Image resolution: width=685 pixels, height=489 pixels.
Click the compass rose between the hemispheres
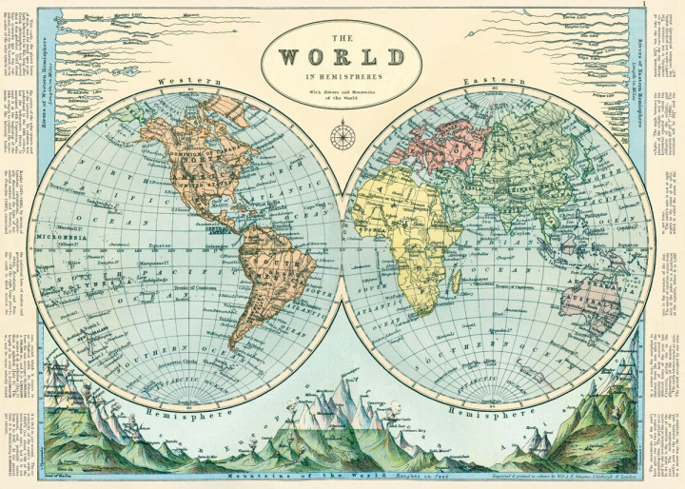tap(342, 136)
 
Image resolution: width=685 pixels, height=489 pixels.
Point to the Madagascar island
tap(457, 282)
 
